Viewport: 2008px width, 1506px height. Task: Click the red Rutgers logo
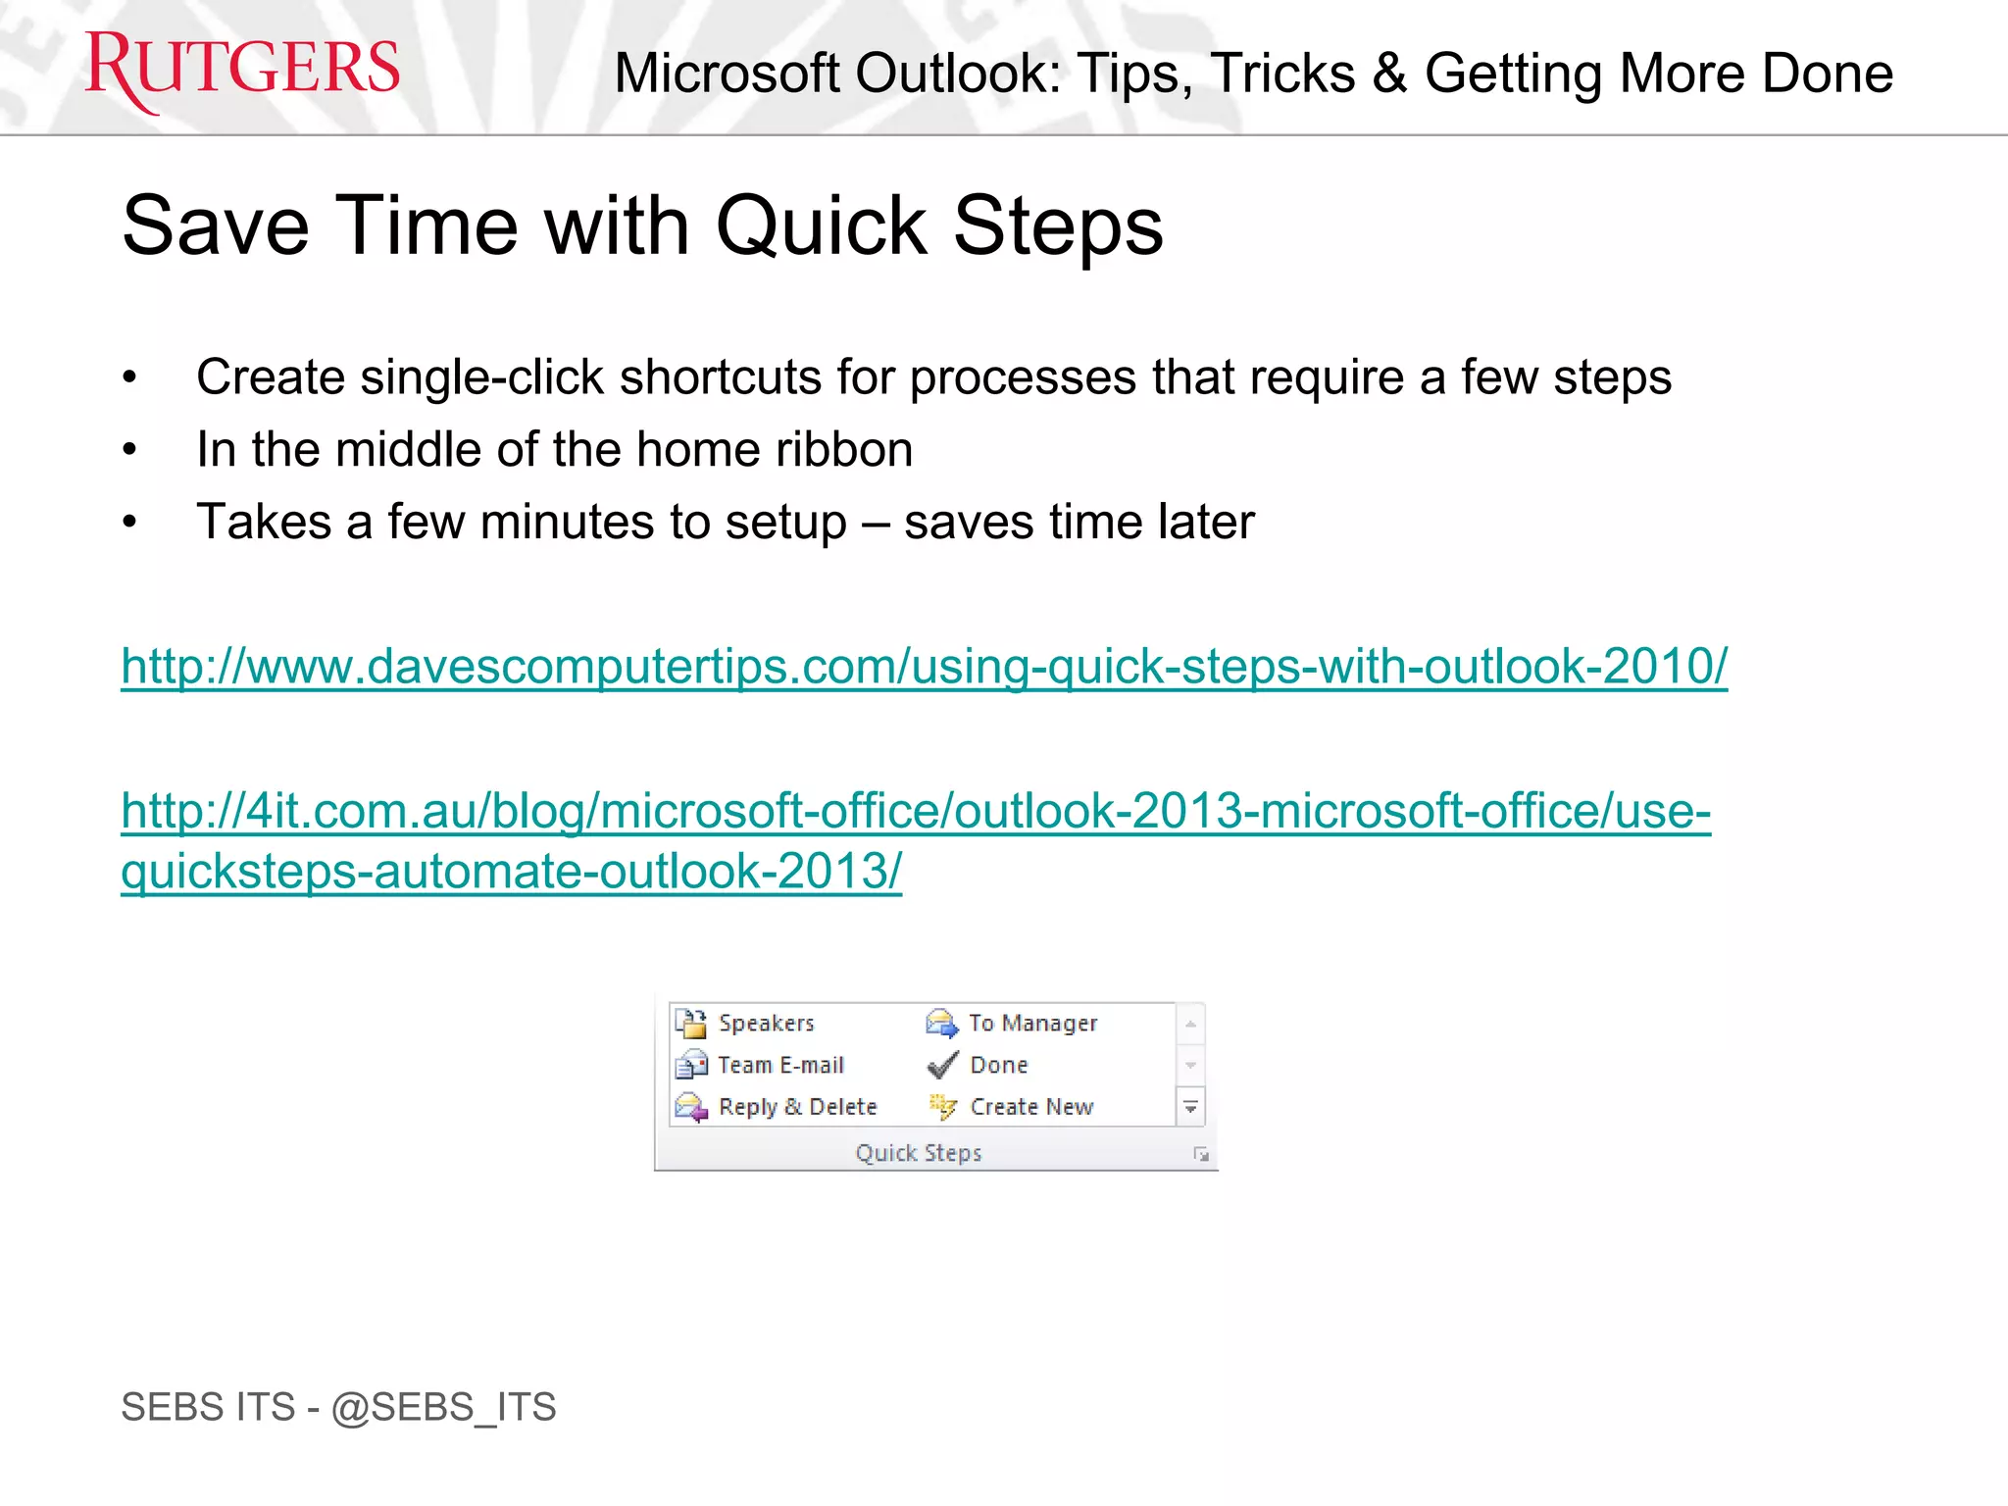coord(242,69)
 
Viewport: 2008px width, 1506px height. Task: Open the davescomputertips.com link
coord(924,667)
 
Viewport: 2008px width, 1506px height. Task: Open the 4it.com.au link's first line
coord(916,811)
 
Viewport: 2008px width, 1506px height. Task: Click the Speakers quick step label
coord(766,1023)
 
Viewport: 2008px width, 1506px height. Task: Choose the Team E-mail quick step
coord(780,1065)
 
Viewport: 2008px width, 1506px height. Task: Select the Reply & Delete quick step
coord(797,1107)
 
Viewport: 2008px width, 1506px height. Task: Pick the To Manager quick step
coord(1032,1023)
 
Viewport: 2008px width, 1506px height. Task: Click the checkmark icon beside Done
coord(942,1065)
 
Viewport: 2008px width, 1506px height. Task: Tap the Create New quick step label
coord(1031,1107)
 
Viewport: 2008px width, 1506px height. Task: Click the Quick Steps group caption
coord(919,1153)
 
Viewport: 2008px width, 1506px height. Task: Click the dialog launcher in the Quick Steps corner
coord(1201,1155)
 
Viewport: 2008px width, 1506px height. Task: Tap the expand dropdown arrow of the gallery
coord(1190,1107)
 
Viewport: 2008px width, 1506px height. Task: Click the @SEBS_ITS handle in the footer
coord(443,1407)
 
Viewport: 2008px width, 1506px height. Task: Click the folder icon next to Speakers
coord(691,1023)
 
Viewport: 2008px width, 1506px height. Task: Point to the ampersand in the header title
coord(1390,74)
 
